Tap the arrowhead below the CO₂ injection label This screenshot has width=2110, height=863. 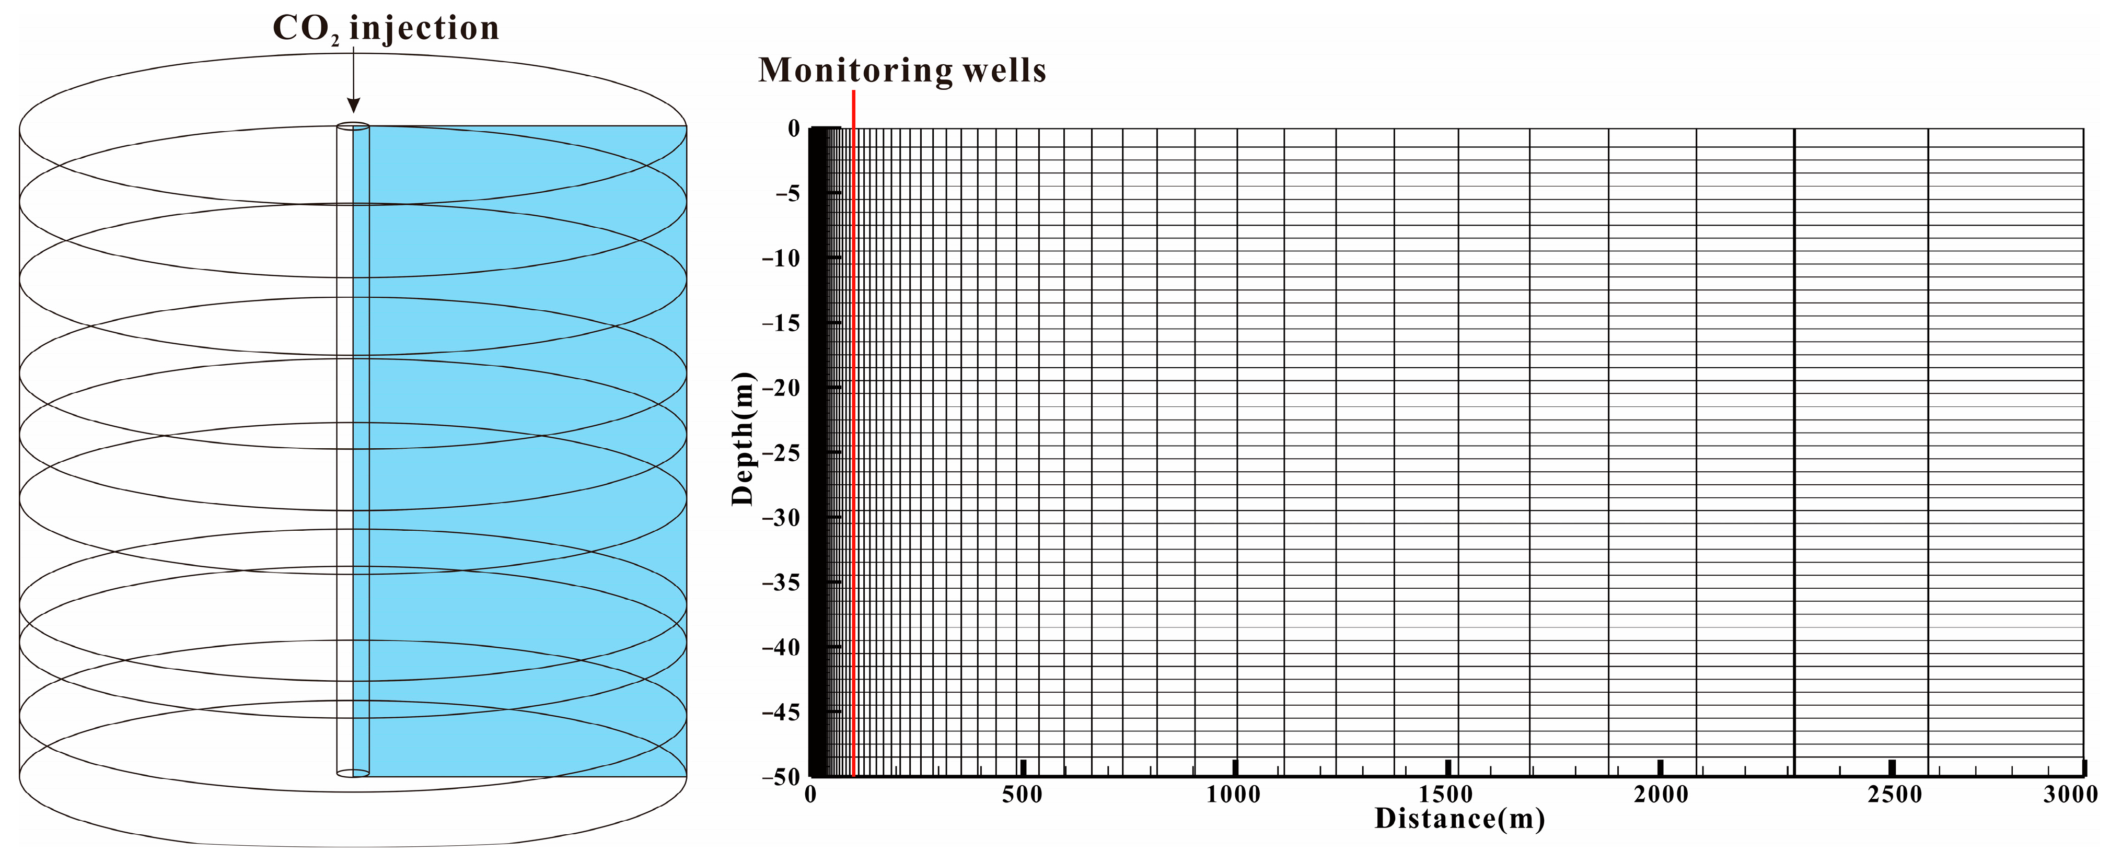pos(353,105)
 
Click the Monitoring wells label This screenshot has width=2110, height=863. pos(902,71)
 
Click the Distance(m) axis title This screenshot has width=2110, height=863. pos(1459,819)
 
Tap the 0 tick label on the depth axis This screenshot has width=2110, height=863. pos(793,129)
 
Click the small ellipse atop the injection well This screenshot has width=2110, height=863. pos(353,126)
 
